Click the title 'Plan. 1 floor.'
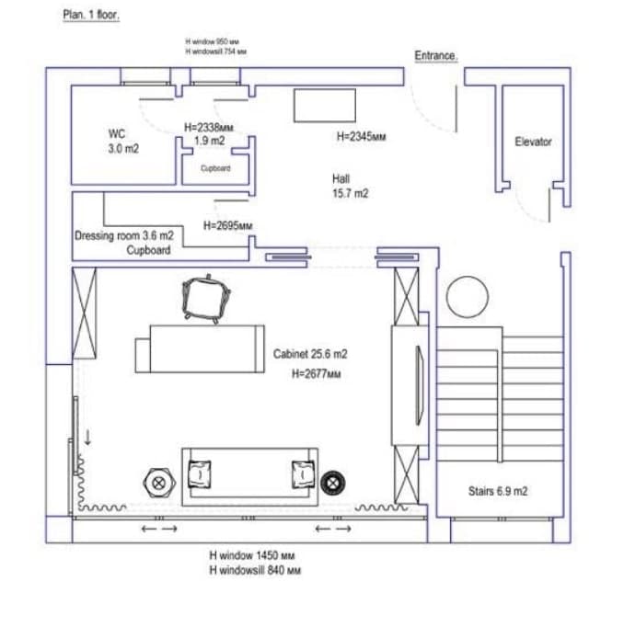coord(91,16)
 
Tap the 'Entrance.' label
coord(436,56)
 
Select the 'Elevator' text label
coord(533,142)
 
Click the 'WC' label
coord(117,133)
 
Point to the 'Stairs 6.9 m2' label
coord(497,492)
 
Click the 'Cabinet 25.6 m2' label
coord(310,354)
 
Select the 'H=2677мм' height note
coord(316,374)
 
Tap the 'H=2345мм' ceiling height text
coord(361,137)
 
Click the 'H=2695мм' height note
coord(227,225)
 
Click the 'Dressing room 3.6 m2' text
coord(124,236)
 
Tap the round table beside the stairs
coord(468,296)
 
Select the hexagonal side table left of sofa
coord(158,480)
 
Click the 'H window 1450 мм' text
coord(251,557)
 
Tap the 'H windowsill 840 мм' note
coord(255,571)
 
